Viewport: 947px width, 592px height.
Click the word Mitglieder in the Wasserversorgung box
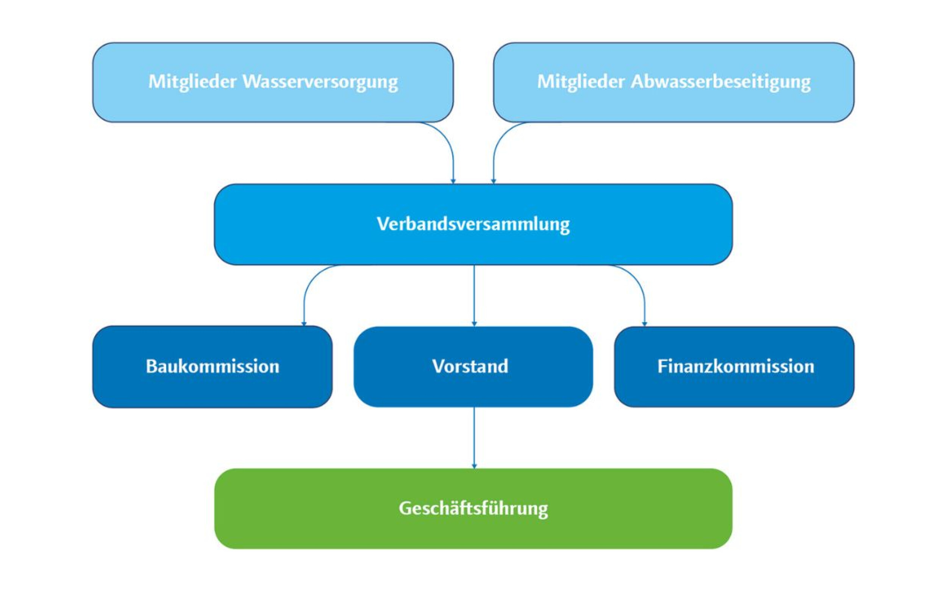tap(192, 82)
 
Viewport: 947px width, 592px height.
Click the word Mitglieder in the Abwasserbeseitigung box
tap(581, 82)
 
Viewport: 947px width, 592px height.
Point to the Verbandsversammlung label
tap(473, 224)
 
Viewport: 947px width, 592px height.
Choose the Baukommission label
tap(213, 367)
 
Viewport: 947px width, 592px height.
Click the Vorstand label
tap(470, 367)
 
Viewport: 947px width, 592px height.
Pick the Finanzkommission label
tap(736, 367)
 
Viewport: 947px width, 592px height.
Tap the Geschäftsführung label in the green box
tap(473, 509)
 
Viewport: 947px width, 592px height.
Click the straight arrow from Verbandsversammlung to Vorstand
tap(474, 294)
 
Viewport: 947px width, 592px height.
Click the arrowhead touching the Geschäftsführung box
tap(474, 466)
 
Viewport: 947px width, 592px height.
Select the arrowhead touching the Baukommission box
tap(304, 323)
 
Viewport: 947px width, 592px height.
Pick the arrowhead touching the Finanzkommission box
tap(644, 324)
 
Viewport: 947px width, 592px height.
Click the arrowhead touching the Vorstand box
tap(474, 324)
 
